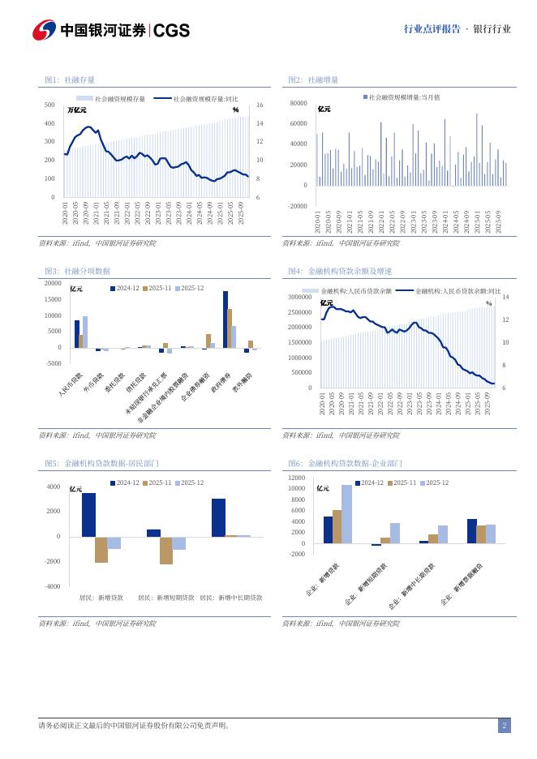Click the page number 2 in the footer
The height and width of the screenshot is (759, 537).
(504, 726)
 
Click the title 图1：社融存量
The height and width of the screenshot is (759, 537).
(70, 79)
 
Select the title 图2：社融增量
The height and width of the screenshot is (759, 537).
(313, 79)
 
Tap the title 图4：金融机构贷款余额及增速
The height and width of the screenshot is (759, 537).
(340, 271)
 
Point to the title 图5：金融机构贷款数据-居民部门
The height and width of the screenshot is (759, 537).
(101, 463)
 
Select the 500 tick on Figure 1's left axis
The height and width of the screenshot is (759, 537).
(49, 105)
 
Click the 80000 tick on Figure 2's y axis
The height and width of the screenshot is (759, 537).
(298, 104)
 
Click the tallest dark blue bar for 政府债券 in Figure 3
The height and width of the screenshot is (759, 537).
(226, 319)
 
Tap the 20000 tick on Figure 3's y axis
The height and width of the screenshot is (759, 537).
(52, 283)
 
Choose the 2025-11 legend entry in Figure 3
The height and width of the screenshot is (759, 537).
(156, 288)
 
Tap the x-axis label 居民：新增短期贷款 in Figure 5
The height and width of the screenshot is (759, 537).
(165, 598)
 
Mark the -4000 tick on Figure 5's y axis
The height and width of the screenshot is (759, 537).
(52, 586)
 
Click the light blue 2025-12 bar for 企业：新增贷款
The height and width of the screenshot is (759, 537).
(347, 514)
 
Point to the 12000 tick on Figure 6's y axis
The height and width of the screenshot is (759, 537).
(297, 478)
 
